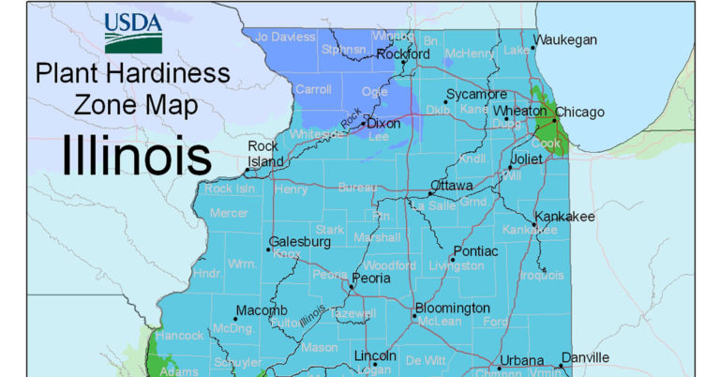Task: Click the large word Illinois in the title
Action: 136,155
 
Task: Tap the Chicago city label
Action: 583,113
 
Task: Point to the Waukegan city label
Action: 565,40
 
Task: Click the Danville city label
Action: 585,357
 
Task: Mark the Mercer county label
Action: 228,213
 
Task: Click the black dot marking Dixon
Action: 364,123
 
